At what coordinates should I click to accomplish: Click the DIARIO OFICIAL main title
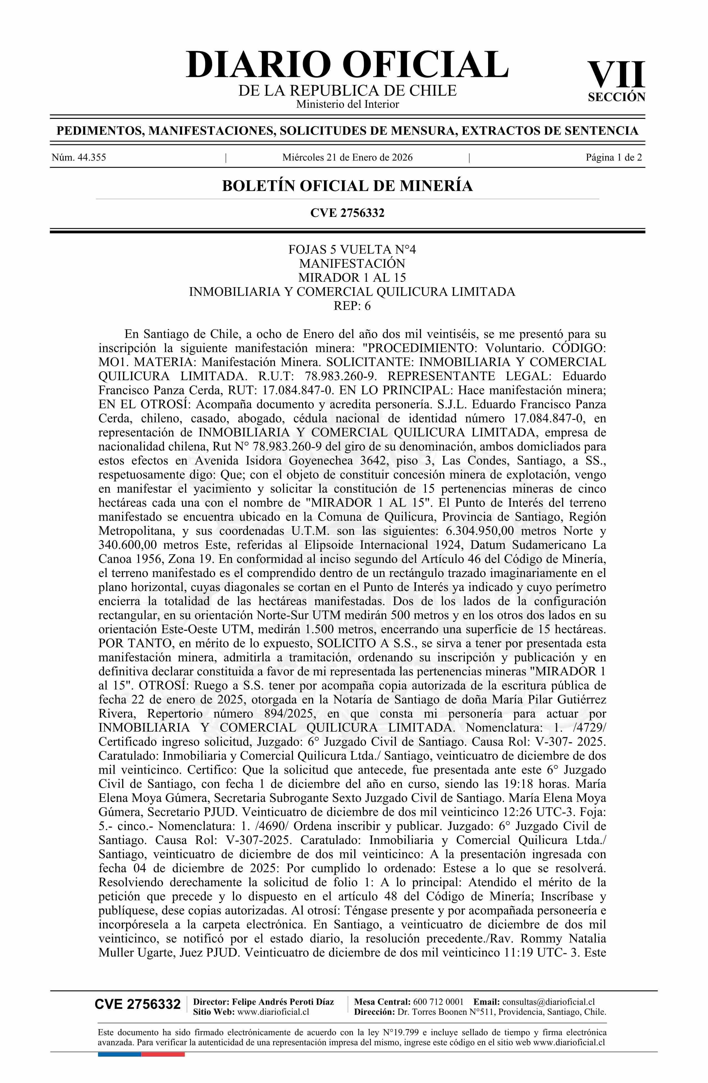pyautogui.click(x=347, y=65)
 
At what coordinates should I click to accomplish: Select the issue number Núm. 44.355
pyautogui.click(x=79, y=157)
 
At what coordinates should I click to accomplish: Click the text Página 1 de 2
pyautogui.click(x=614, y=157)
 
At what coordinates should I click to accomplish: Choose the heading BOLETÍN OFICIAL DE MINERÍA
pyautogui.click(x=347, y=186)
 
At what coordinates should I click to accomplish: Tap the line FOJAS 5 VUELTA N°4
pyautogui.click(x=352, y=249)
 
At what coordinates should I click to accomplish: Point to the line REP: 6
pyautogui.click(x=352, y=305)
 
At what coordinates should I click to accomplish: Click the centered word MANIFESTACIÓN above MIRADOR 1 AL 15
pyautogui.click(x=352, y=264)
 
